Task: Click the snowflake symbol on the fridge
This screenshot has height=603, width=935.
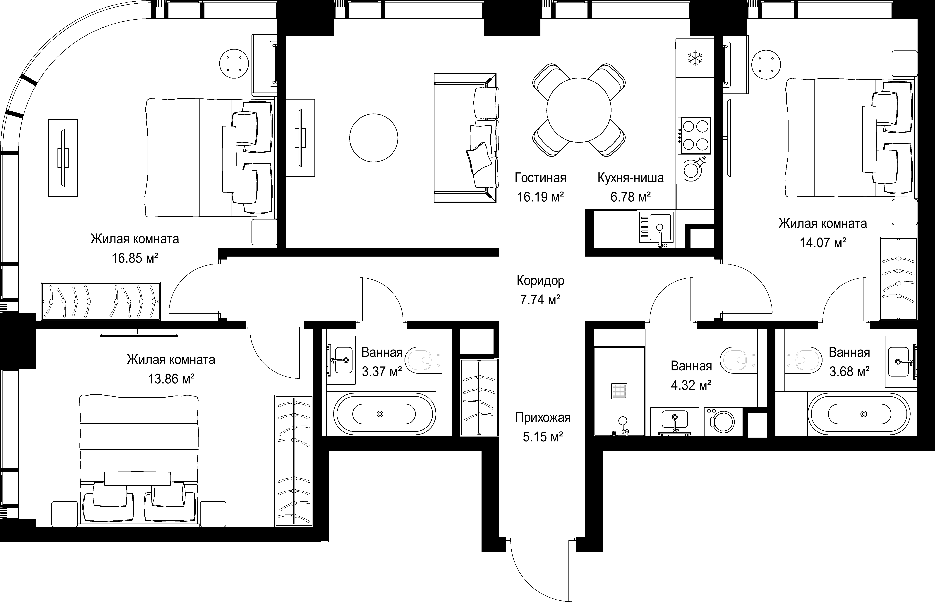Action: [695, 58]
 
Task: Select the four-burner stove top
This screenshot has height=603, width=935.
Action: [696, 136]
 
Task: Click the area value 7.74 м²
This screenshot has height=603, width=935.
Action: [540, 300]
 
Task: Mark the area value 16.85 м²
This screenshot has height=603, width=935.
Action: [135, 258]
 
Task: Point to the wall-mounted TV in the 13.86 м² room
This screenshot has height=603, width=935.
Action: [139, 334]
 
